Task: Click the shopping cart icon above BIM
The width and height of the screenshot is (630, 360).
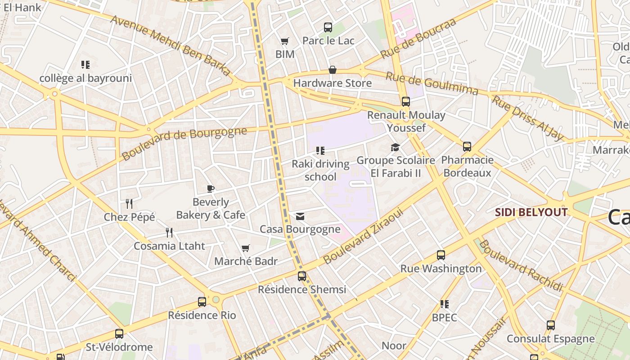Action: pos(284,41)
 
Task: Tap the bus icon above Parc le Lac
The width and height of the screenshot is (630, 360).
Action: pos(328,27)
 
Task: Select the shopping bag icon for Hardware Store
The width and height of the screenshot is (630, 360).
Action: pos(333,70)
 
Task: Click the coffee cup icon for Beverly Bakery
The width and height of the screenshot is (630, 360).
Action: pos(210,189)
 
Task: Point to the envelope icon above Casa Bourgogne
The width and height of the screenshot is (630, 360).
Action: pos(300,216)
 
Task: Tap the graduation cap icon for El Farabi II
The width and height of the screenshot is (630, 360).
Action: pos(395,147)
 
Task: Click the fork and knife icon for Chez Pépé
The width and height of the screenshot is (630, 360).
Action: pos(129,204)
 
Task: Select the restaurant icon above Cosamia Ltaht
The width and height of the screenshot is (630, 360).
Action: pos(169,233)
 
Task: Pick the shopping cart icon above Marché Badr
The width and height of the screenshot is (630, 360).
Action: pos(245,248)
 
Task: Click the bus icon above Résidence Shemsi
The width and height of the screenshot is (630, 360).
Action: pos(302,276)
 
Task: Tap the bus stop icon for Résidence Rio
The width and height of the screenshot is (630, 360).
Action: pos(202,302)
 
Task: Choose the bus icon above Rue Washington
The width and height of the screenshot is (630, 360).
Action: pos(441,255)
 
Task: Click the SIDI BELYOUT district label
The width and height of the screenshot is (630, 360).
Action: pos(531,212)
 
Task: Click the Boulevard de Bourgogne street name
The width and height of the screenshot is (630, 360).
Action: pos(184,144)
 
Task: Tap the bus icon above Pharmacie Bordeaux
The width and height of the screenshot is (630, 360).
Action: pos(467,147)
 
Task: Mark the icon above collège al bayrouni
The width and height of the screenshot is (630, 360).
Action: pos(85,65)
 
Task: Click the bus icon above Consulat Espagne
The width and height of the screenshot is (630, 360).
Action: pos(551,325)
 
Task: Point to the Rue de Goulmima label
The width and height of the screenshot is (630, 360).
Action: pos(432,83)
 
